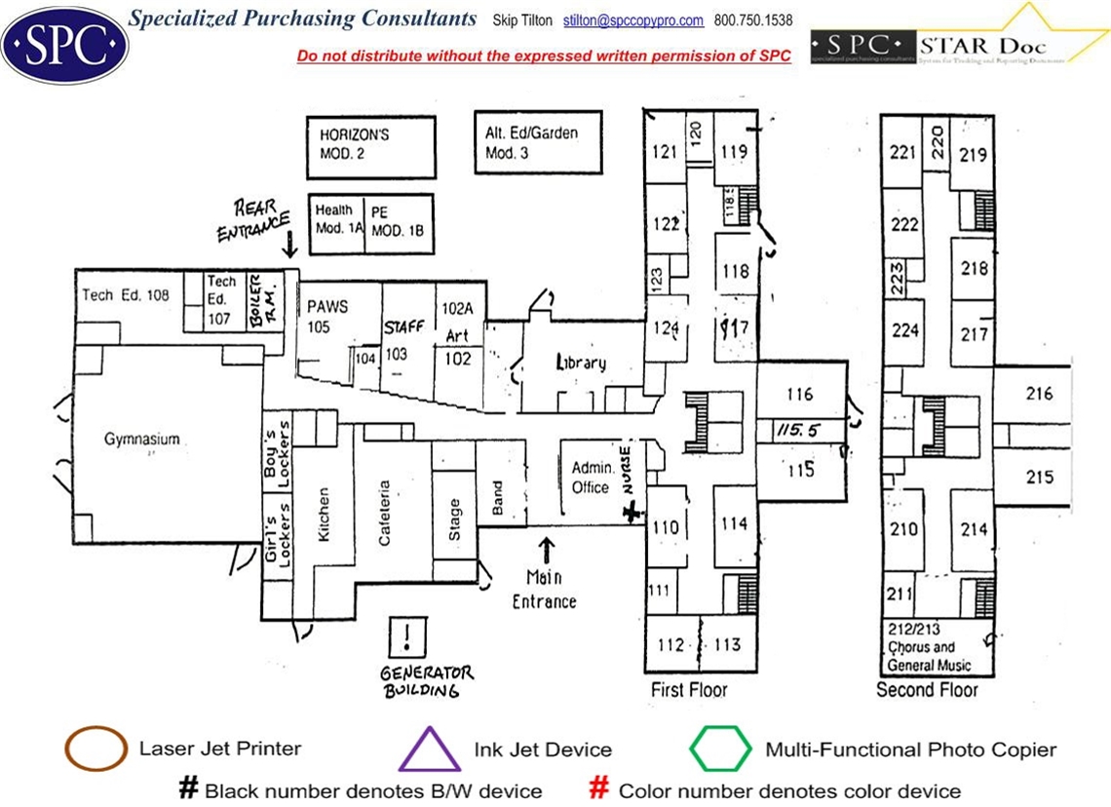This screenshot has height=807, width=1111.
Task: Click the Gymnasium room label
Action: point(142,440)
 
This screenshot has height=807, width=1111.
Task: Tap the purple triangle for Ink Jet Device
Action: point(430,749)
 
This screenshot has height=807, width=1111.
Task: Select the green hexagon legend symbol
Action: point(721,749)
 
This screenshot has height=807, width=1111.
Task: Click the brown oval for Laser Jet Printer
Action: point(96,749)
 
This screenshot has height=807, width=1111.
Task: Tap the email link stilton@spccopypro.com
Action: point(633,20)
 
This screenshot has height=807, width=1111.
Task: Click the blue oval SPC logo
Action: point(64,43)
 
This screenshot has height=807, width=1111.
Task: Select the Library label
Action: point(581,363)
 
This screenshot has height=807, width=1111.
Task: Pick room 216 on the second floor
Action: point(1040,394)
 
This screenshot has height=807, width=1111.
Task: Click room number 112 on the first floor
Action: point(671,644)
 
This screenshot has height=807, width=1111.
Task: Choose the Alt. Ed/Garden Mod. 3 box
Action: point(538,144)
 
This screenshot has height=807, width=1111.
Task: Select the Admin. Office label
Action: point(592,477)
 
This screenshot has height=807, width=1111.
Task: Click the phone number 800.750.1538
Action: point(753,20)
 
